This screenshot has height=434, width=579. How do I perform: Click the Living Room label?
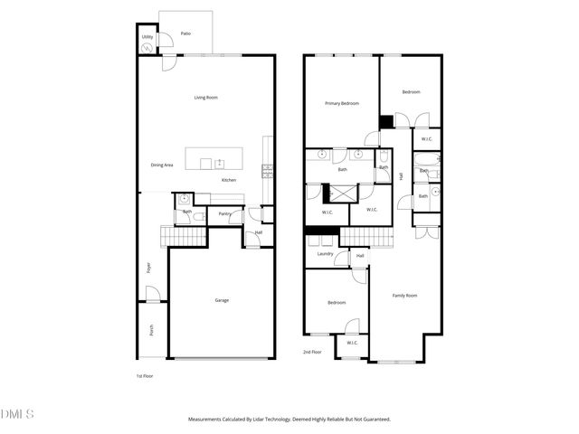click(206, 98)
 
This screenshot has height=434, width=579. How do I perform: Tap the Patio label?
click(185, 33)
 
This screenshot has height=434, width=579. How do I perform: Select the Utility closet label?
click(147, 37)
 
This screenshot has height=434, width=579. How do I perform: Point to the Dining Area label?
click(162, 165)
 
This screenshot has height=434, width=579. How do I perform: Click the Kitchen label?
click(230, 181)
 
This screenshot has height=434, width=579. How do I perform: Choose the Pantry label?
click(223, 214)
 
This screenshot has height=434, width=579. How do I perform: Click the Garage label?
click(222, 300)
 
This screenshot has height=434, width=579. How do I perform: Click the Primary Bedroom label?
click(342, 104)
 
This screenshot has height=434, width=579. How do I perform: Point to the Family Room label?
click(404, 296)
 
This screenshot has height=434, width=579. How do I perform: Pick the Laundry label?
click(325, 254)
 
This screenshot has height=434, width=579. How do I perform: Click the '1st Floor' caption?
click(146, 375)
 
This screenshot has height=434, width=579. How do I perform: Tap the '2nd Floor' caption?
click(312, 352)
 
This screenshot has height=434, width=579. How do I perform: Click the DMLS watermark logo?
click(17, 414)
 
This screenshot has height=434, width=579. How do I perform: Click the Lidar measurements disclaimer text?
click(289, 420)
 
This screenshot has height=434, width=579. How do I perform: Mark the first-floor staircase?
click(185, 237)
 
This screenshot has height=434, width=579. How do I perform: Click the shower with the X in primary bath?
click(342, 192)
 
